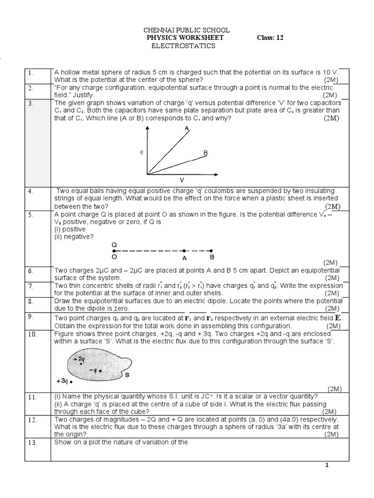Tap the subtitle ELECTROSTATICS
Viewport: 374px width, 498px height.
pos(184,46)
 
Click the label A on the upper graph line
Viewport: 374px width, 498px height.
pos(187,128)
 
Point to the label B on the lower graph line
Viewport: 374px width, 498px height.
pos(206,153)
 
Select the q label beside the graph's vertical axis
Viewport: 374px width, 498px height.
pos(141,152)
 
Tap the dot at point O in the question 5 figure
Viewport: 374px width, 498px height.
pos(114,251)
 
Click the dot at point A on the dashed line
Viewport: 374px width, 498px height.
pos(184,251)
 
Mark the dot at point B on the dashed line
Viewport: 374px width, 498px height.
pos(211,251)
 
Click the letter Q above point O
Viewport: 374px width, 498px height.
pos(114,244)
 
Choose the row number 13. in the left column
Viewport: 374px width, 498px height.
pos(32,442)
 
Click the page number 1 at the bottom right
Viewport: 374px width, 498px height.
pos(327,465)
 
